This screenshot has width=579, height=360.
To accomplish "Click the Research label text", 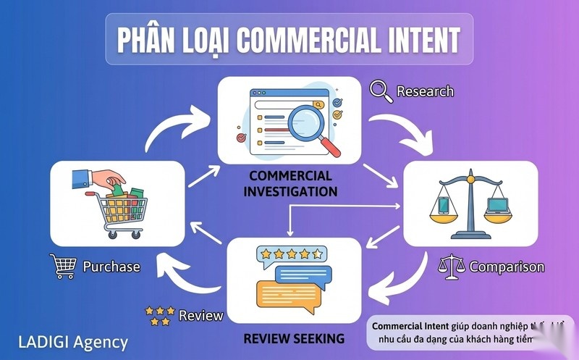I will coord(425,91).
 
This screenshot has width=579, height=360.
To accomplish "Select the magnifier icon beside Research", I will coord(380,91).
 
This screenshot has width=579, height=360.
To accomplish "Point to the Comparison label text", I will coord(507,267).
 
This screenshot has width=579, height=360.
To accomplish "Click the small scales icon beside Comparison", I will coord(452,267).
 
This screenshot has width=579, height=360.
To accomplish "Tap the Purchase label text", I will coord(111,267).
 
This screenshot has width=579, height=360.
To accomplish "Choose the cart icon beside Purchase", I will coord(62,266).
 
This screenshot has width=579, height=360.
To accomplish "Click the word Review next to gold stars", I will coord(200,316).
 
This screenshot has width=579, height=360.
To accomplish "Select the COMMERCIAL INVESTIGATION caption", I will coord(290,184).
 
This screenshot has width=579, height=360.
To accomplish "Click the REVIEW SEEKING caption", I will coord(293,338).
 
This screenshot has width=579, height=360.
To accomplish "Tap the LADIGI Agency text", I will coord(72,342).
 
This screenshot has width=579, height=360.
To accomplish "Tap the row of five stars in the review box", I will coord(289,254).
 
